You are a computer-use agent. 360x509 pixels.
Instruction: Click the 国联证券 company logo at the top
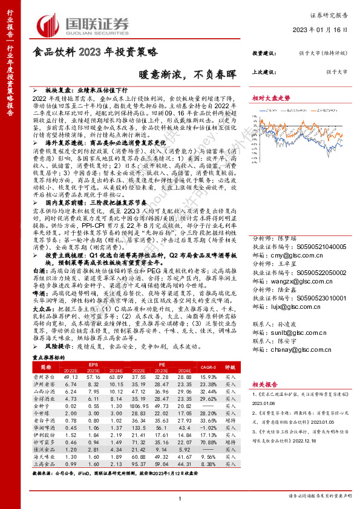point(83,25)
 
